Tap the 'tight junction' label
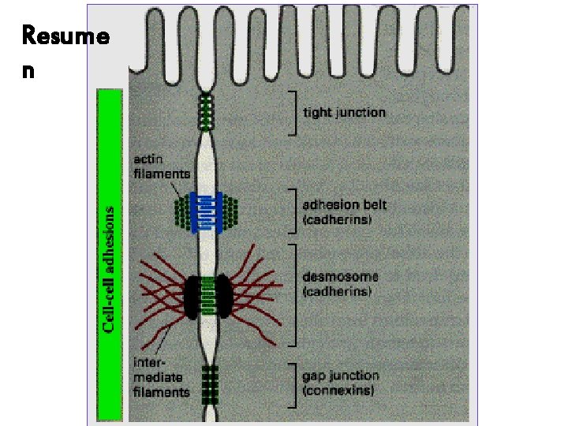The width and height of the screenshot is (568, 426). click(345, 112)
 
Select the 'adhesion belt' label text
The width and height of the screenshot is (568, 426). click(345, 204)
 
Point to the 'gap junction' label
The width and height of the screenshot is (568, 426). click(341, 376)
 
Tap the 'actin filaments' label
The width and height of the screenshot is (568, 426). click(161, 166)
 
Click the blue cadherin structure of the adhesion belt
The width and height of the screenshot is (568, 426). click(209, 211)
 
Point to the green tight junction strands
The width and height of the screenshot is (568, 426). click(208, 111)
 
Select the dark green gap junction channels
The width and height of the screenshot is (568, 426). click(208, 384)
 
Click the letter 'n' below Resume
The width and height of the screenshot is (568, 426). click(28, 69)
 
